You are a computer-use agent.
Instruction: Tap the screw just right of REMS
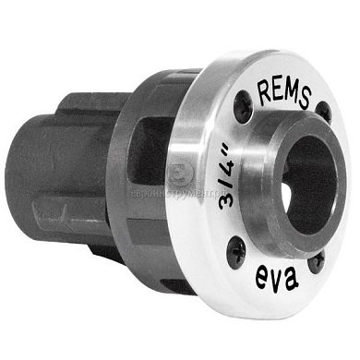click(x=324, y=112)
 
